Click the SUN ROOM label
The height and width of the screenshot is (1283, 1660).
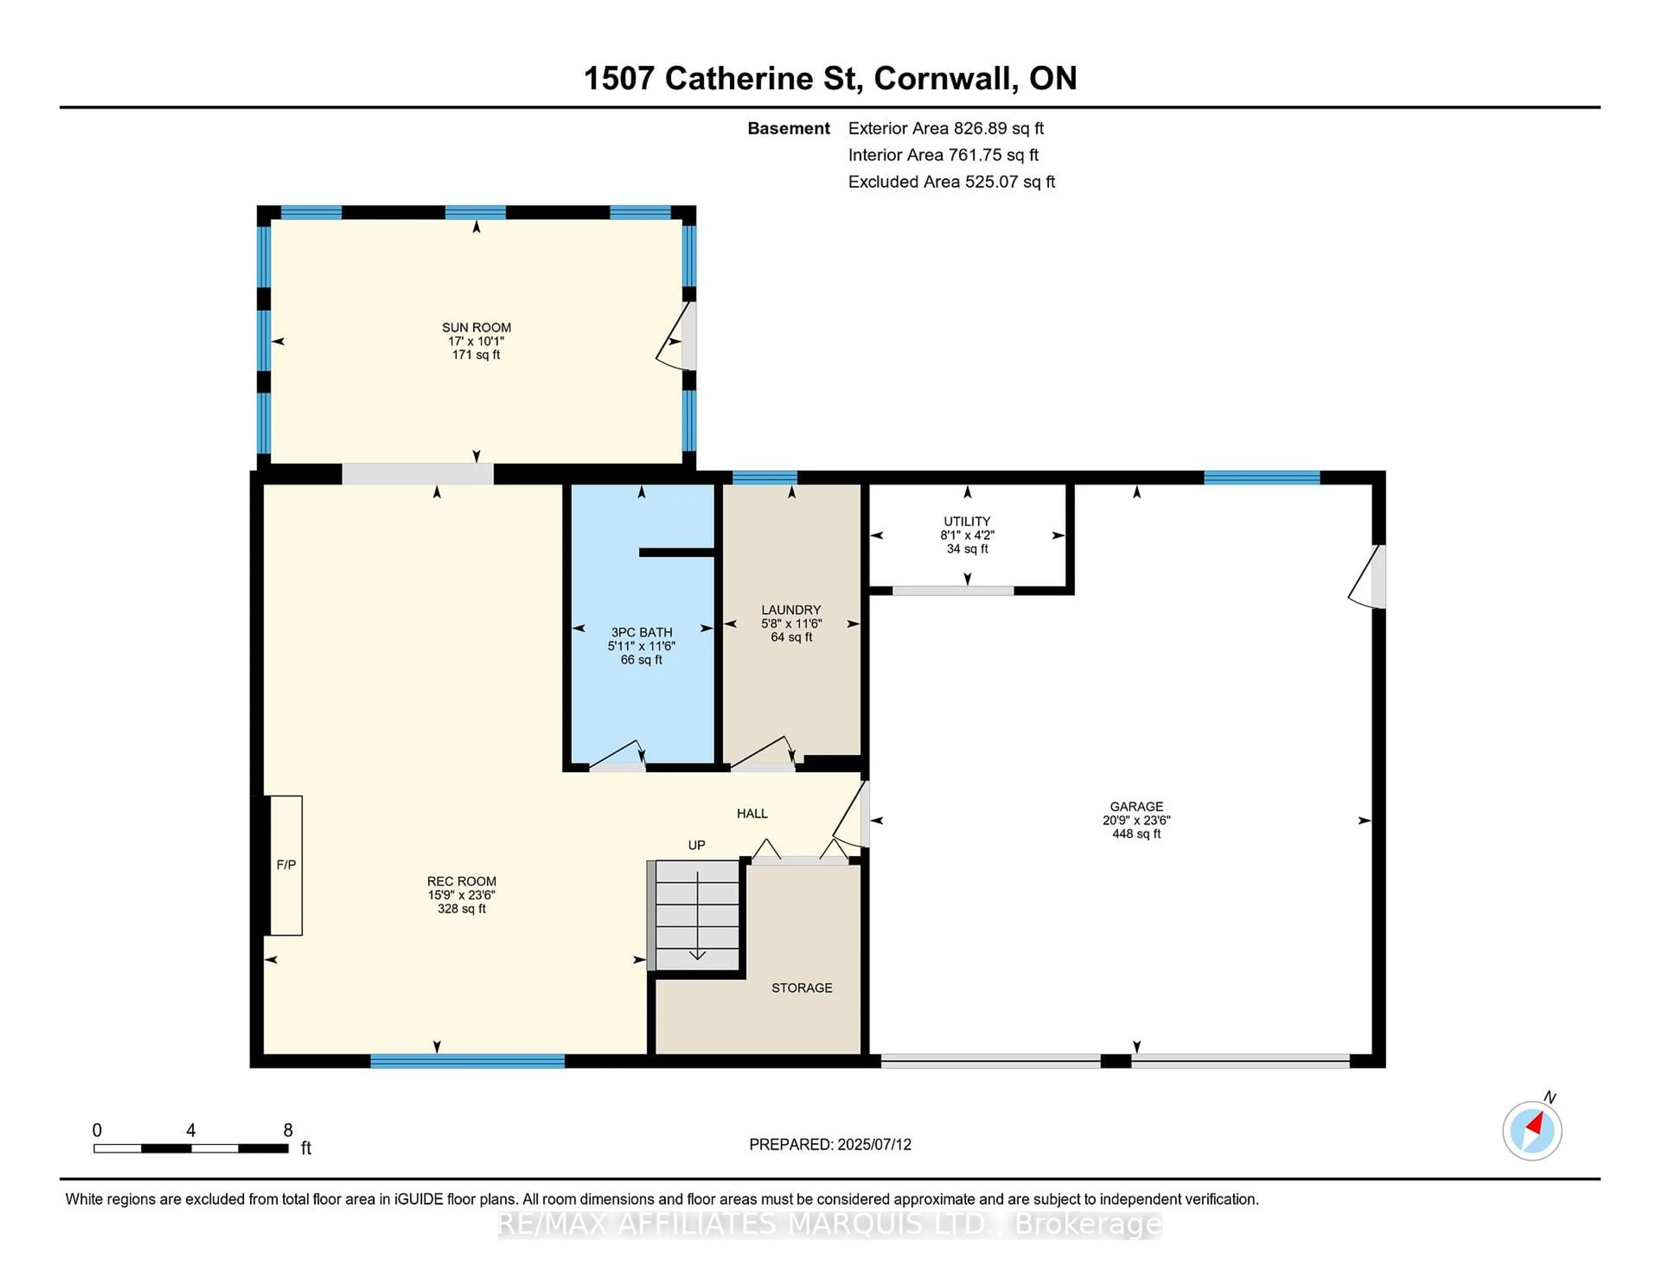pos(476,328)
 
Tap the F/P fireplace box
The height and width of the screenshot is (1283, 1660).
pos(286,865)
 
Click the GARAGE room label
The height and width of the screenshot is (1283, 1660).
pos(1136,807)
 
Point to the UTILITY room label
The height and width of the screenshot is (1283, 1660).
pos(967,521)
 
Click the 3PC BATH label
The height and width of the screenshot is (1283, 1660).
pos(642,632)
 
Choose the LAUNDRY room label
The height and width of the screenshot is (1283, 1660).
pos(791,610)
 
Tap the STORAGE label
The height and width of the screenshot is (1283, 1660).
pos(802,988)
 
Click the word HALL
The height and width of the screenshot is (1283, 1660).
pos(752,813)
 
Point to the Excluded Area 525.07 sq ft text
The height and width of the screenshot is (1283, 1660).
pos(951,182)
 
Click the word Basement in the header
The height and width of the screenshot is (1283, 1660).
pos(788,128)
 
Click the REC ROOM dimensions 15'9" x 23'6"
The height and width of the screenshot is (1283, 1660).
pos(461,895)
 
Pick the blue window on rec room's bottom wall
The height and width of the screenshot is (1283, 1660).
pos(467,1061)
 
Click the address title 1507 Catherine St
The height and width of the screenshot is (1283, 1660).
pos(722,78)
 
